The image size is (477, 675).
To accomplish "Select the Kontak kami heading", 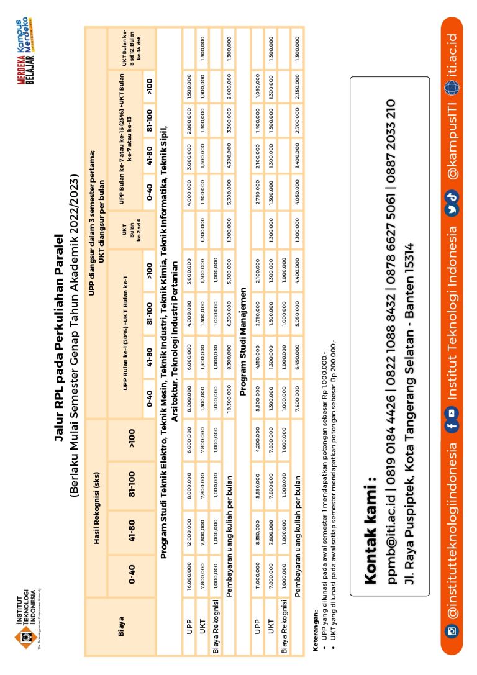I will pos(370,531).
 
